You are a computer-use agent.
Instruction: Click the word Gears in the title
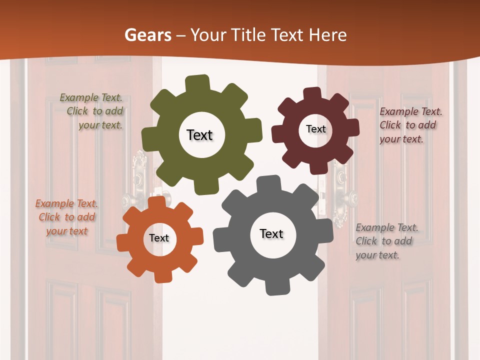147,35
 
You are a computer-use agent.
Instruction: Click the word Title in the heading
248,35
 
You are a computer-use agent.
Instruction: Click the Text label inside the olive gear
199,135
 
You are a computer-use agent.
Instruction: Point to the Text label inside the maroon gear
315,129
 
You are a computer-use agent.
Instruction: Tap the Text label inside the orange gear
159,238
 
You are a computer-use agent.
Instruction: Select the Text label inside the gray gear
271,233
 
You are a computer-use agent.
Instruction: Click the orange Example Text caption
66,217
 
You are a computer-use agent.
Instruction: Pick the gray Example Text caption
384,241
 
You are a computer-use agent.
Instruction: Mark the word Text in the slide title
289,35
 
